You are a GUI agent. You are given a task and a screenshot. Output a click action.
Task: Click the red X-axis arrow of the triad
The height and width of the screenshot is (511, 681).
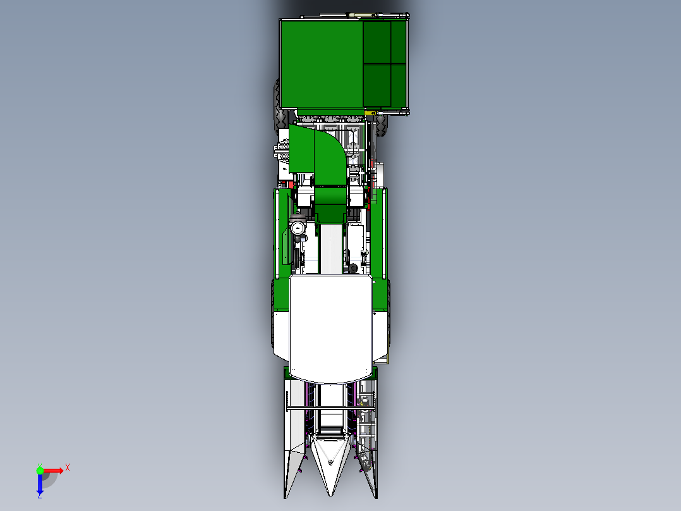tap(54, 470)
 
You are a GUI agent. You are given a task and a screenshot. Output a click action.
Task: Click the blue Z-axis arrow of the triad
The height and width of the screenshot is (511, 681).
tap(40, 484)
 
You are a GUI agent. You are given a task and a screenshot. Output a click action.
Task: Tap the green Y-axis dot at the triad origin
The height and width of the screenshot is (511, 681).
tap(40, 469)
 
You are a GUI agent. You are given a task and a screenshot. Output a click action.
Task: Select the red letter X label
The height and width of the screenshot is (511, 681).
tap(68, 467)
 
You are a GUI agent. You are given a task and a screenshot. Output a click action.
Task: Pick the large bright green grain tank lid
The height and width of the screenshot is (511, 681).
tap(322, 63)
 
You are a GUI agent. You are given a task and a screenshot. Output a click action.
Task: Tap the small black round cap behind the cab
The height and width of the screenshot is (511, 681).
tap(352, 269)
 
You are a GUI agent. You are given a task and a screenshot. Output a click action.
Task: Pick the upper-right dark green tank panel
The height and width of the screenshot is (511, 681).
tap(399, 42)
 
